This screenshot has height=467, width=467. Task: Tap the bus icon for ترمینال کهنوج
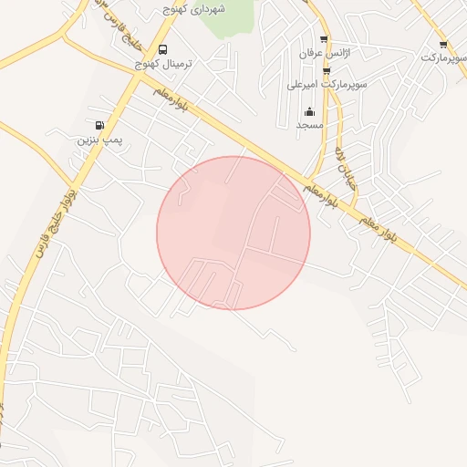click(162, 49)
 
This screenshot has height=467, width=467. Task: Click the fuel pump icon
click(99, 125)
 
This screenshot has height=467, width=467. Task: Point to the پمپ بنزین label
click(99, 140)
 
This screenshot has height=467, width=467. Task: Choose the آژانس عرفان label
click(325, 54)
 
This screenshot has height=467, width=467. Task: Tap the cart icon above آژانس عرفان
click(324, 39)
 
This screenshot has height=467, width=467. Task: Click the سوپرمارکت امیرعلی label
click(327, 85)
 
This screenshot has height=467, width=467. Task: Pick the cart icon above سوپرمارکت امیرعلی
click(327, 70)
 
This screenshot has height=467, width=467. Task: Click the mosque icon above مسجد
click(309, 112)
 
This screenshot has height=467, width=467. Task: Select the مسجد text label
click(310, 125)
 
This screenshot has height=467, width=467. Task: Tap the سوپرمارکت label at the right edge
click(443, 57)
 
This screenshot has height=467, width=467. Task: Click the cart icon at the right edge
click(443, 44)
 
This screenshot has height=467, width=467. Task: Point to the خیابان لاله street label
click(342, 161)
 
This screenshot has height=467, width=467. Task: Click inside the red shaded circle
click(233, 233)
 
